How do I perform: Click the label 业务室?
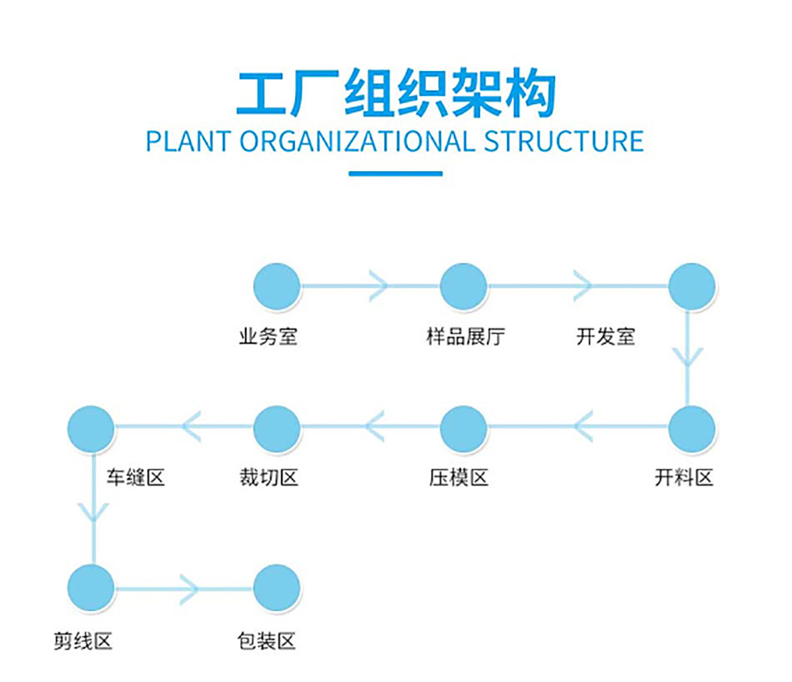coord(268,337)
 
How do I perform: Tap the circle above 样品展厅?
coord(464,286)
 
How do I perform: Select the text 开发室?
coord(605,337)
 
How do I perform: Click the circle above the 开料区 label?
coord(692,429)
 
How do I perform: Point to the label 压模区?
coord(459,478)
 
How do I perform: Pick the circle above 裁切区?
coord(277,429)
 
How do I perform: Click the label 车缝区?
coord(135,478)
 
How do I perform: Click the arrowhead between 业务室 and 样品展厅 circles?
coord(379,286)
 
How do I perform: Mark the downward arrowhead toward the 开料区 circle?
coord(689,358)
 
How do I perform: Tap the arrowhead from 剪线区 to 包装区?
coord(188,589)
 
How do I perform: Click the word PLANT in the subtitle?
coord(188,141)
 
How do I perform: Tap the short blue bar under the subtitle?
coord(395,173)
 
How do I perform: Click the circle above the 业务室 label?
coord(277,286)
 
